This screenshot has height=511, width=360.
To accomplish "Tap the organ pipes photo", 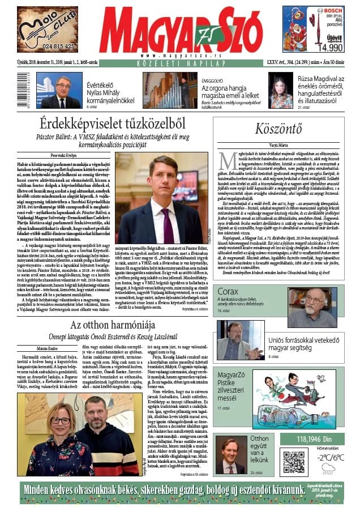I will click(x=170, y=90).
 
